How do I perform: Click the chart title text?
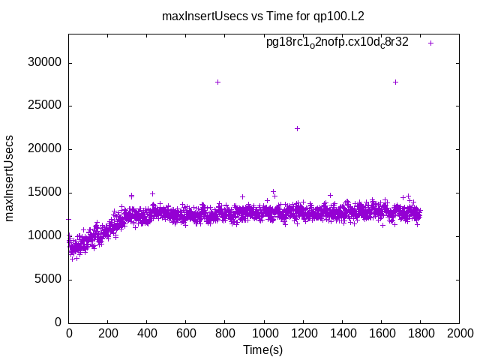[x=263, y=16]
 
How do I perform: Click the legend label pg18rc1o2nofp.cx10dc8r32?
[x=337, y=43]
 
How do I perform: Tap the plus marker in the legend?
[x=430, y=43]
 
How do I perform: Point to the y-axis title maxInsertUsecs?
[x=10, y=178]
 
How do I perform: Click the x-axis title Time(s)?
[x=263, y=349]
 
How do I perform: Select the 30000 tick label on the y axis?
[x=44, y=63]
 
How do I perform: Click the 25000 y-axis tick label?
[x=44, y=106]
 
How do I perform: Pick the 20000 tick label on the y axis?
[x=44, y=149]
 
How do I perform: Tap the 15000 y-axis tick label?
[x=44, y=193]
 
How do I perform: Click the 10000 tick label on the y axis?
[x=44, y=236]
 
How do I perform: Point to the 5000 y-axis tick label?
[x=47, y=280]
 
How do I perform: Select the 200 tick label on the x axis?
[x=108, y=334]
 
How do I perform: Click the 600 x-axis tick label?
[x=186, y=334]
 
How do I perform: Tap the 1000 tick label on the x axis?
[x=264, y=334]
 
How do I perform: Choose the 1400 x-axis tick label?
[x=342, y=334]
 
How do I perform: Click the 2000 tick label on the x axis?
[x=459, y=334]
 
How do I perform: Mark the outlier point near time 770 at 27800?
[x=218, y=82]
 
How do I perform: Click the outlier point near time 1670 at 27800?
[x=395, y=82]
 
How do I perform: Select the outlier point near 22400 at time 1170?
[x=297, y=128]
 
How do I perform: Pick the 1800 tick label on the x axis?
[x=420, y=334]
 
